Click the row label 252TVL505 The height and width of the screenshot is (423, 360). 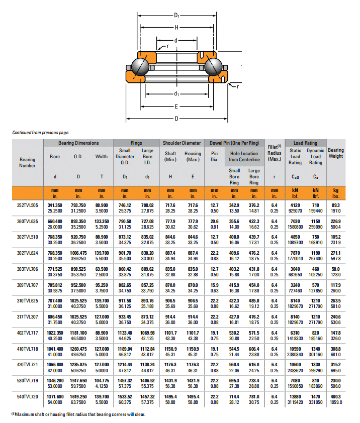pos(27,205)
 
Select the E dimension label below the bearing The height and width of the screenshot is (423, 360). pos(176,106)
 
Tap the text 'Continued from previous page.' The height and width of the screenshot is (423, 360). pos(40,133)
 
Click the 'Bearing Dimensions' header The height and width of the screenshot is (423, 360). pos(78,143)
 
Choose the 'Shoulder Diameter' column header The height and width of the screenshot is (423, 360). pos(182,143)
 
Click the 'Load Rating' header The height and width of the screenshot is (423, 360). pos(305,143)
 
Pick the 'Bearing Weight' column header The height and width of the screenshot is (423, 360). pos(336,153)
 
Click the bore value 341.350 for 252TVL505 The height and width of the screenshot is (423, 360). pos(55,205)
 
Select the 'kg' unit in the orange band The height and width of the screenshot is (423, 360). pos(336,190)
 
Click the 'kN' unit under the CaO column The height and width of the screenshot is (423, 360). pos(295,190)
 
